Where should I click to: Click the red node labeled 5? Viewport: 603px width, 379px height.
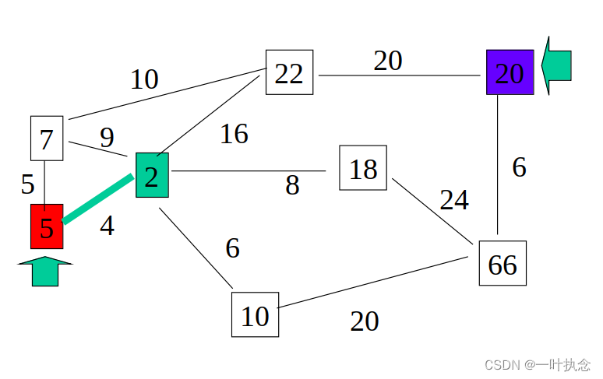pos(47,226)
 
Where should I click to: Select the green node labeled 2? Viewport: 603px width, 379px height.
pos(152,175)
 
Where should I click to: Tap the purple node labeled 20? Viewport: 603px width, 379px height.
pos(510,72)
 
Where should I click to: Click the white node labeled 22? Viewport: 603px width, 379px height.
pos(289,72)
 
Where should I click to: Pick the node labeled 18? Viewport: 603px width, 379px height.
pos(363,167)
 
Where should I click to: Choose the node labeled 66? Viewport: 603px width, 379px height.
pos(503,263)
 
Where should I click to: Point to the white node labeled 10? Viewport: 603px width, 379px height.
pos(255,314)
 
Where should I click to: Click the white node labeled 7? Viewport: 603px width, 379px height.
pos(46,139)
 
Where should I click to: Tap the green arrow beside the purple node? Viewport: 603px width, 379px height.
pos(557,65)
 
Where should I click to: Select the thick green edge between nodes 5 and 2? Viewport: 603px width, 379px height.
pos(97,200)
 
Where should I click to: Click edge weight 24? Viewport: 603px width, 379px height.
pos(454,200)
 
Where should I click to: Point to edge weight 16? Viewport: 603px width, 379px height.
pos(234,134)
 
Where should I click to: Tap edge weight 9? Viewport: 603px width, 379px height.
pos(107,137)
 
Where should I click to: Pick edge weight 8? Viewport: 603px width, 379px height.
pos(292,185)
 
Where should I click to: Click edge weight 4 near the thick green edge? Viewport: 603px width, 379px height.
pos(107,226)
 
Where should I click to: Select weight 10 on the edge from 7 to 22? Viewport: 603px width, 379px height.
pos(144,79)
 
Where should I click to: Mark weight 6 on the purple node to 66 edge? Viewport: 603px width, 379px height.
pos(520,167)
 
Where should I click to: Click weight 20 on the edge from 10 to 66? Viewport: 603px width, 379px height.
pos(365,321)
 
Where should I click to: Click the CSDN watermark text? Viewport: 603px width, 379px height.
pos(538,364)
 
